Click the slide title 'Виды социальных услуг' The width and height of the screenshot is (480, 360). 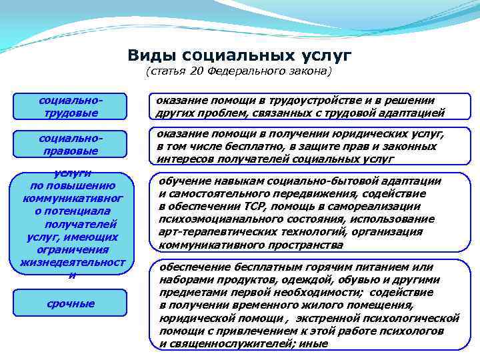click(x=239, y=54)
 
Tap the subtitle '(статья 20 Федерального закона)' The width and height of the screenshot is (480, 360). click(x=239, y=71)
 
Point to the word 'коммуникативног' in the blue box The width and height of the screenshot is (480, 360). click(x=73, y=198)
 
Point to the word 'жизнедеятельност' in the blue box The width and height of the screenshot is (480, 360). click(x=73, y=262)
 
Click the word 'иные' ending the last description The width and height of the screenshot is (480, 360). click(x=314, y=344)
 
